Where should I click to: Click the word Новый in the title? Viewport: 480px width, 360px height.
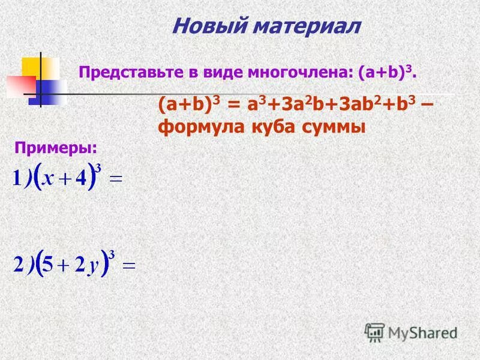pos(207,26)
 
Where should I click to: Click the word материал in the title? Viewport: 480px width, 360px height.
pos(307,26)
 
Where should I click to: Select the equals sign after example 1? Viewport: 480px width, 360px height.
pos(118,179)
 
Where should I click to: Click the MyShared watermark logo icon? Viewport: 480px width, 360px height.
pos(375,332)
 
